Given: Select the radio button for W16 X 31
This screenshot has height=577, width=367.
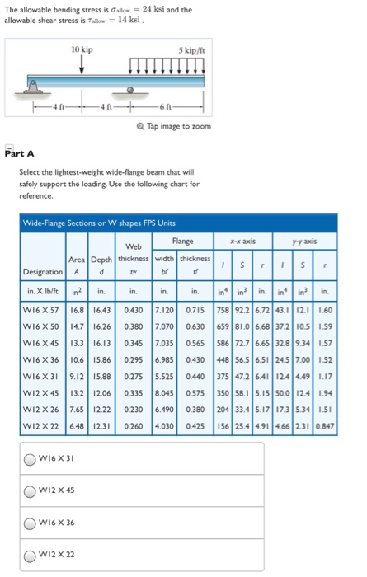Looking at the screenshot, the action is coord(30,459).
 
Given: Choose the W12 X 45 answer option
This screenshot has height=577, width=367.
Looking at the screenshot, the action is coord(30,491).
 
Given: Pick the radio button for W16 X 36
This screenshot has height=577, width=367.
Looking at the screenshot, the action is coord(30,523).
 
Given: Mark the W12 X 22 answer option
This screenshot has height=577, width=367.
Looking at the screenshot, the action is coord(30,555).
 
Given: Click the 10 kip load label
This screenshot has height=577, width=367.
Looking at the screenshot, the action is coord(82,50).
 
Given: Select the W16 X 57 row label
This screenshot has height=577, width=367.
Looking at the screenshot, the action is coord(42,307).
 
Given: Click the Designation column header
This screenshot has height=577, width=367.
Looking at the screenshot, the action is coord(41,271).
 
